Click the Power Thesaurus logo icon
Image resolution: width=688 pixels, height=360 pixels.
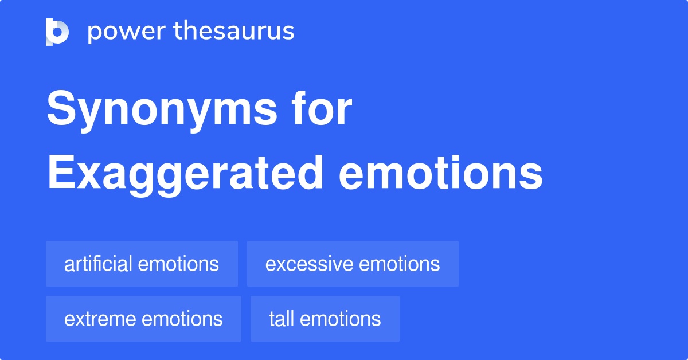coord(57,32)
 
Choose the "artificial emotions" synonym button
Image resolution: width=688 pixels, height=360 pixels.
coord(142,264)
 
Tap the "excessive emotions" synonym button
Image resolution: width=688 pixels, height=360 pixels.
coord(353,264)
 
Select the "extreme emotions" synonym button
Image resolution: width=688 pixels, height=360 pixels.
coord(143,319)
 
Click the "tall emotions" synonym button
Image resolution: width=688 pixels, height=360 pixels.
coord(325,319)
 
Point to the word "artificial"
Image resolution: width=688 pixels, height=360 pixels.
coord(99,264)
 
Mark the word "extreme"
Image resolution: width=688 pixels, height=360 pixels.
coord(100,319)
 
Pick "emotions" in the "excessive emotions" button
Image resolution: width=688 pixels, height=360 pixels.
coord(399,264)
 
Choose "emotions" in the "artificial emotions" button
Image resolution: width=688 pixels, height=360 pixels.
coord(178,264)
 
